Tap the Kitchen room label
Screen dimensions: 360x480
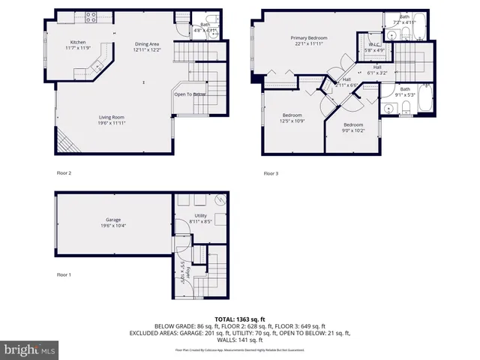tap(77, 42)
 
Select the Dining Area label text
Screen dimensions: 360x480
tap(147, 44)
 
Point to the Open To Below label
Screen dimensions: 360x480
tap(190, 94)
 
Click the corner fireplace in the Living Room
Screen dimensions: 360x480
tap(65, 140)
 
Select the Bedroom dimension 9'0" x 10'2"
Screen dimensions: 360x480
tap(353, 130)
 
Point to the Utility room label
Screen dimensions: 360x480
tap(200, 215)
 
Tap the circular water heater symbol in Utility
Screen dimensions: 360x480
tap(218, 200)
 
